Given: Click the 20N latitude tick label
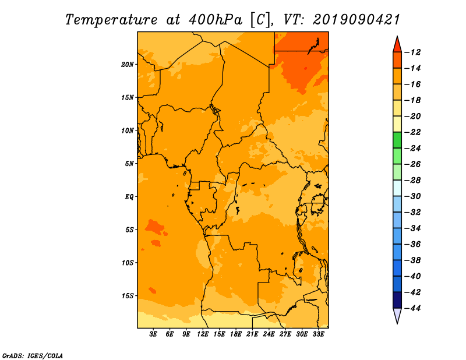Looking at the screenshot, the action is point(128,65).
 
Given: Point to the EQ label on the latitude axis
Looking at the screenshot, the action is point(129,197).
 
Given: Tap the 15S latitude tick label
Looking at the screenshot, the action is point(128,296).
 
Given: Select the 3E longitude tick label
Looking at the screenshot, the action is point(153,334).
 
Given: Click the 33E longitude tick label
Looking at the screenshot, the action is point(318,334).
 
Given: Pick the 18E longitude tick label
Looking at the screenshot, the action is point(236,334).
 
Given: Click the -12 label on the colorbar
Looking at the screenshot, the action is point(412,52).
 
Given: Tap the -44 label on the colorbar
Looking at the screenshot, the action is point(412,308).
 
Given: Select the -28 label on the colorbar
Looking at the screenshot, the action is point(412,181).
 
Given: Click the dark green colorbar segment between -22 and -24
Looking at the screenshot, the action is point(397,140).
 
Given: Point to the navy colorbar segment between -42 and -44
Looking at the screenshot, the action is point(397,300).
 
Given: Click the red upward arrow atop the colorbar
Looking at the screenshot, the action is point(397,44).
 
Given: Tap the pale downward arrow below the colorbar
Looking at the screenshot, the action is point(397,316).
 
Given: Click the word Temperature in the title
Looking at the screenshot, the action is point(111,20).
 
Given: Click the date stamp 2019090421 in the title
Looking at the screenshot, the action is point(356,20).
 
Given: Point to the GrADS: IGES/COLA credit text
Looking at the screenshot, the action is point(33,356).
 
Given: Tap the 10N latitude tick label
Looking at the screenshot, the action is point(128,130).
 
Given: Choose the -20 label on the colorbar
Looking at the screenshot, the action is point(412,117).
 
